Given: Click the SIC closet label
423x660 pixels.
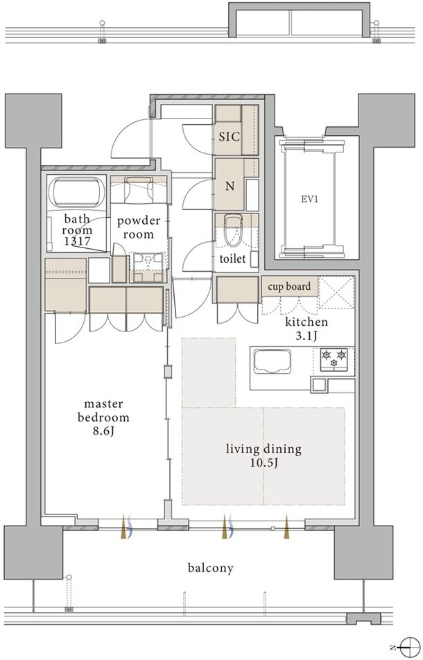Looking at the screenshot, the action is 230,137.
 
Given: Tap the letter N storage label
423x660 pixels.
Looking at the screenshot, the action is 230,186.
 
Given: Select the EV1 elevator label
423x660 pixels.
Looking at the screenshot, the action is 309,199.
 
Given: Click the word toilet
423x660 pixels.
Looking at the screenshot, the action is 232,258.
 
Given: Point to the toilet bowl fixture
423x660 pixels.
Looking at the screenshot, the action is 232,230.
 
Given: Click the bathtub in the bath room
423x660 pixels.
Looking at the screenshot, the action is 76,191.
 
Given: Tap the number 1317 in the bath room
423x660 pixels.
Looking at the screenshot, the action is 77,241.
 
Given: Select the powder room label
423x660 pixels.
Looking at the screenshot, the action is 139,227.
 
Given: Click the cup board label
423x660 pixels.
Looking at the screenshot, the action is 290,286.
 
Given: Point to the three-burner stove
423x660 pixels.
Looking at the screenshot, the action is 334,359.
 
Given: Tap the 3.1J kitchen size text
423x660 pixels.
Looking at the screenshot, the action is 307,336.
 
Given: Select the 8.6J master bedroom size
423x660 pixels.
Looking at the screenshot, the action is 103,432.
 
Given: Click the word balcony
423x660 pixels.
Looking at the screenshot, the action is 210,568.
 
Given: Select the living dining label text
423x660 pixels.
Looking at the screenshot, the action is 264,449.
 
